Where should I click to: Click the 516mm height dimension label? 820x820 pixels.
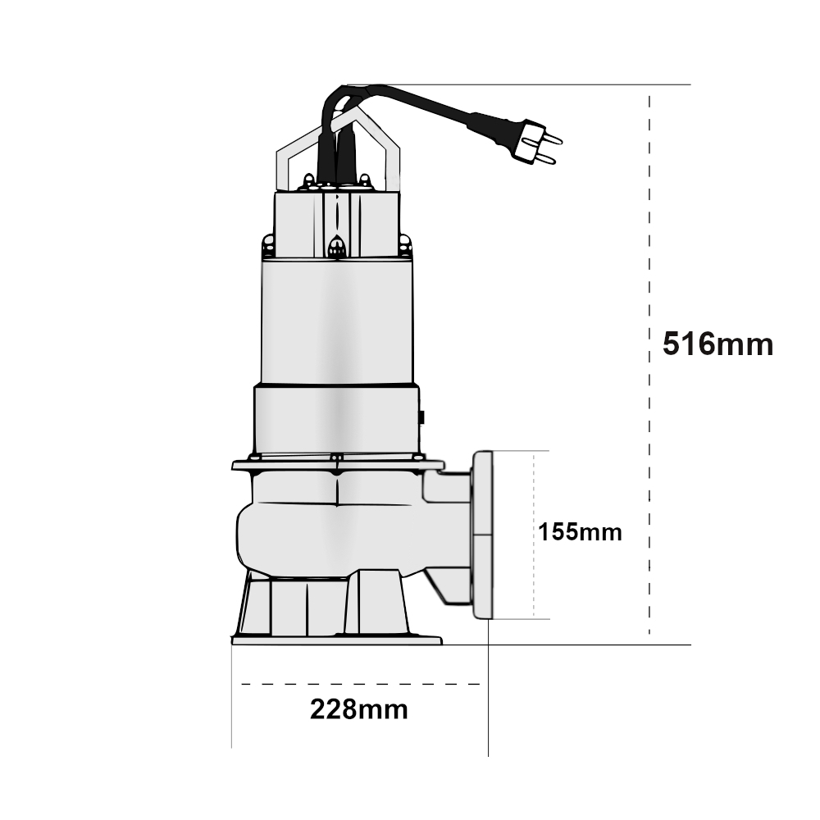pyautogui.click(x=717, y=344)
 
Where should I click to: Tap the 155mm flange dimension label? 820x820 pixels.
pyautogui.click(x=580, y=532)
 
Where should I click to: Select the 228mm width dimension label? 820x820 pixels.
pyautogui.click(x=359, y=709)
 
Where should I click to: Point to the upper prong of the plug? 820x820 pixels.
pyautogui.click(x=551, y=138)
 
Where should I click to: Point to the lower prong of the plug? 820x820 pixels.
pyautogui.click(x=545, y=158)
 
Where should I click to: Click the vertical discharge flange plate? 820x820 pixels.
pyautogui.click(x=482, y=535)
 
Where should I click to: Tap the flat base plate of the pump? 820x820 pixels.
pyautogui.click(x=337, y=640)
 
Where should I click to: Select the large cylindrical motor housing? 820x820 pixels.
pyautogui.click(x=337, y=321)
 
